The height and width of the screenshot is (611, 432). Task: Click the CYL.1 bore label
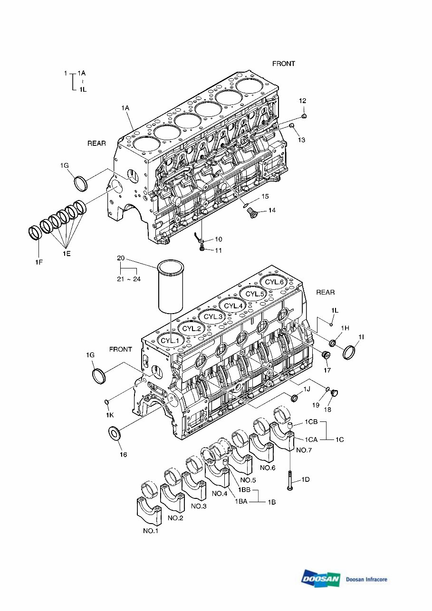tap(170, 340)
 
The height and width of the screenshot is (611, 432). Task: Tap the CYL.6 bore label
tap(275, 282)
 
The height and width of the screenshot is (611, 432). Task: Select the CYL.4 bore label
tap(233, 306)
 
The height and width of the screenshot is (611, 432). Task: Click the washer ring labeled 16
tap(115, 432)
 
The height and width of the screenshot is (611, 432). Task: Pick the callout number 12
tap(302, 101)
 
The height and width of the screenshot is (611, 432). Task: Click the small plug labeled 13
tap(292, 126)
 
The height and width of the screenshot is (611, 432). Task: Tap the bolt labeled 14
tap(251, 212)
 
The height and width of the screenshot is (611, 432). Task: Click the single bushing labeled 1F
tap(35, 233)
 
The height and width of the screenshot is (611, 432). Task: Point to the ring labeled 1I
tap(349, 352)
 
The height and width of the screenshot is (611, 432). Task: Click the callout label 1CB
tap(311, 422)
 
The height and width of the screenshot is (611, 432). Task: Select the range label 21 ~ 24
tap(129, 279)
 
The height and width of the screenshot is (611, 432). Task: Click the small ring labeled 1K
tap(107, 401)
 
